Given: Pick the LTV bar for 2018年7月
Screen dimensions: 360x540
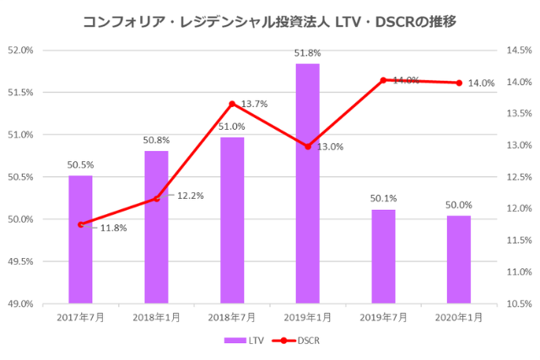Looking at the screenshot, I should pyautogui.click(x=232, y=219).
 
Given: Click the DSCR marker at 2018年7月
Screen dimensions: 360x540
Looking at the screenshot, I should pyautogui.click(x=232, y=104).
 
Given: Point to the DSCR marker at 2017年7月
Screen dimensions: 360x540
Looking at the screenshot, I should pyautogui.click(x=80, y=224).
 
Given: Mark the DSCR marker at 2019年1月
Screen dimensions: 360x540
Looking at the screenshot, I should pyautogui.click(x=308, y=147).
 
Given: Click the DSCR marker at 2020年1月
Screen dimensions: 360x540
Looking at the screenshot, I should pyautogui.click(x=459, y=83).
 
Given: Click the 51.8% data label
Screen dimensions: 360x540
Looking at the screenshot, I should pyautogui.click(x=307, y=53).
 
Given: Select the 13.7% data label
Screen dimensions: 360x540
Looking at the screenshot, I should pyautogui.click(x=254, y=105).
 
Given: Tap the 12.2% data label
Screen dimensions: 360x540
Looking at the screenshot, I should pyautogui.click(x=190, y=196).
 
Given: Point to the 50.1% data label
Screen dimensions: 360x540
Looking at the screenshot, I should pyautogui.click(x=383, y=199).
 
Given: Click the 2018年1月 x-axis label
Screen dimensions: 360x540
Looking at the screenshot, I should pyautogui.click(x=156, y=317).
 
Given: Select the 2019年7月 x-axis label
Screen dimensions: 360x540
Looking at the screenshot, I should pyautogui.click(x=383, y=317).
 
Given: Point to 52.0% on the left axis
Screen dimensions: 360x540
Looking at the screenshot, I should pyautogui.click(x=19, y=50).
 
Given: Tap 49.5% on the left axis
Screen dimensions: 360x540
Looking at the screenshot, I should pyautogui.click(x=19, y=261).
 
